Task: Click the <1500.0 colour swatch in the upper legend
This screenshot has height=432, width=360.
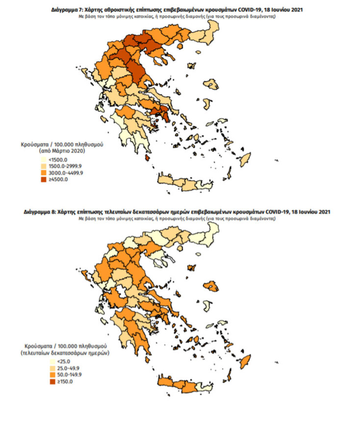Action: pos(43,160)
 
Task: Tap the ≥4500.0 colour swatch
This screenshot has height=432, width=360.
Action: pos(43,179)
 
